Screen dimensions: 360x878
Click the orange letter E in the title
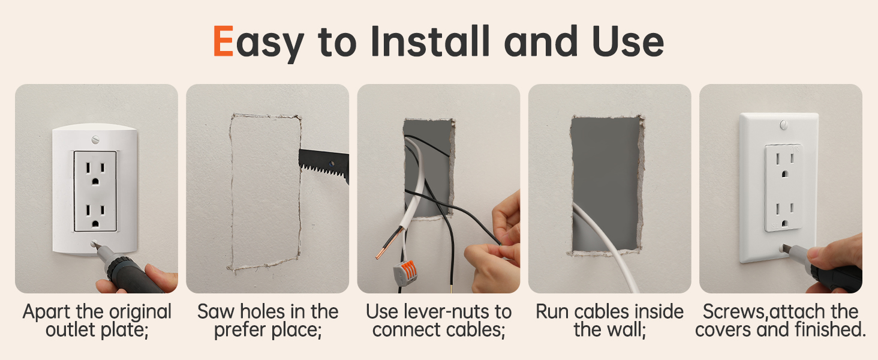coord(223,42)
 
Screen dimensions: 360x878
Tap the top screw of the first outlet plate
coord(95,139)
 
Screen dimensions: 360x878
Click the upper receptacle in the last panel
coord(783,166)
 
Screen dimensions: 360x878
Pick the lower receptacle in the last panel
coord(783,211)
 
